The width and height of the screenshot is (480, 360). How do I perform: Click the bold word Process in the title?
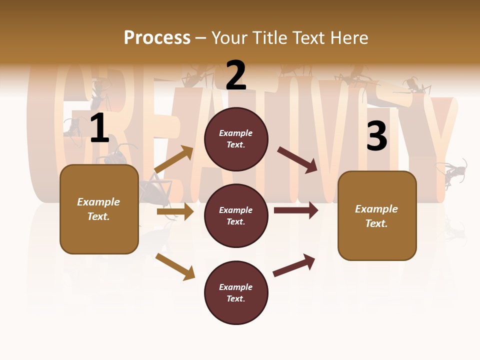pyautogui.click(x=157, y=38)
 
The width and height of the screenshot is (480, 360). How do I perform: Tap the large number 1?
pyautogui.click(x=99, y=128)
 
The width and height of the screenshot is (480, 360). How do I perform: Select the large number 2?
pyautogui.click(x=236, y=75)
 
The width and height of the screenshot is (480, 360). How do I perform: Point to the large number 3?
pyautogui.click(x=376, y=136)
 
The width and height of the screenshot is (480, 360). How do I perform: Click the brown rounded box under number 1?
pyautogui.click(x=99, y=209)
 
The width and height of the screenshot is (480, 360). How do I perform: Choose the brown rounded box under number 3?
pyautogui.click(x=377, y=216)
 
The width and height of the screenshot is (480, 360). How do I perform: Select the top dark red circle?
pyautogui.click(x=236, y=139)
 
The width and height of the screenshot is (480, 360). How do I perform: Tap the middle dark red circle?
pyautogui.click(x=236, y=215)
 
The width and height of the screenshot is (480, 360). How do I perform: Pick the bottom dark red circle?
pyautogui.click(x=236, y=292)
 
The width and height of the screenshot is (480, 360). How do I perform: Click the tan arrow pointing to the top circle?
pyautogui.click(x=174, y=159)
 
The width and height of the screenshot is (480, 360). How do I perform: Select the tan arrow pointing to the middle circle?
pyautogui.click(x=175, y=211)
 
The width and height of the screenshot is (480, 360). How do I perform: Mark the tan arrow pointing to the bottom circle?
pyautogui.click(x=175, y=266)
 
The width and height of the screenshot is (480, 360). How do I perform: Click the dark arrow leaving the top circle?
pyautogui.click(x=297, y=160)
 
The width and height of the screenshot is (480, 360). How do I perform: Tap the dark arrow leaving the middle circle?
pyautogui.click(x=296, y=210)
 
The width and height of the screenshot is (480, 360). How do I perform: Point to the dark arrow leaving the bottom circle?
pyautogui.click(x=294, y=265)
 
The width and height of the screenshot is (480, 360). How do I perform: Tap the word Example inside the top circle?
pyautogui.click(x=236, y=133)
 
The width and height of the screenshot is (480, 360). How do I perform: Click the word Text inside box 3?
pyautogui.click(x=376, y=223)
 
